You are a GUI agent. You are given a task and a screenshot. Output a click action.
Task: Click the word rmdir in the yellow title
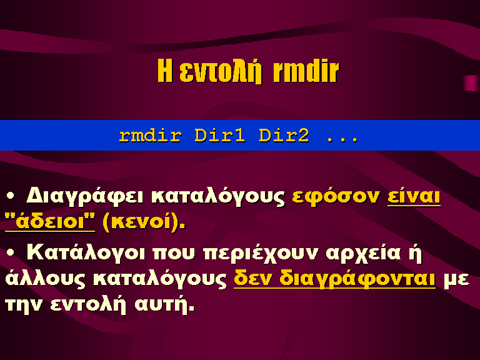click(x=306, y=71)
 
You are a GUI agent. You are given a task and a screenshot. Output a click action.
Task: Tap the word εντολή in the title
click(x=221, y=72)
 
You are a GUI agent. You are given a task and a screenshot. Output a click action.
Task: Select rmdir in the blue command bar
click(x=150, y=136)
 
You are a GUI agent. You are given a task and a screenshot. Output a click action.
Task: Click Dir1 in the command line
click(x=219, y=135)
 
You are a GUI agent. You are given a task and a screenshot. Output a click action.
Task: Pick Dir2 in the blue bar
click(x=284, y=135)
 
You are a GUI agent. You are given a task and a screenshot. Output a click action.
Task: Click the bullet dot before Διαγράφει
click(x=11, y=195)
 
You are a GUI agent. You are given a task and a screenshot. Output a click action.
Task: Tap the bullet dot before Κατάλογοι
click(x=11, y=252)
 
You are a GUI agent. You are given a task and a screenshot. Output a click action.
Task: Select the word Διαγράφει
click(x=84, y=196)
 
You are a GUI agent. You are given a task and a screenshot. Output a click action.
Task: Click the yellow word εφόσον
click(x=336, y=196)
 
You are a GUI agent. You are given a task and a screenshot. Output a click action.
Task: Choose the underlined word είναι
click(x=414, y=196)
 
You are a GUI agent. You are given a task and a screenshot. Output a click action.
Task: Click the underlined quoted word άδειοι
click(x=50, y=221)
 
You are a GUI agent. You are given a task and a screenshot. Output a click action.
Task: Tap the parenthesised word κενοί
click(x=144, y=222)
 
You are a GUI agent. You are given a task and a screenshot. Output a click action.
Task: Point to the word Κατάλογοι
click(x=86, y=253)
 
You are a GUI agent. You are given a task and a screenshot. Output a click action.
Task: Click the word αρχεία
click(x=363, y=254)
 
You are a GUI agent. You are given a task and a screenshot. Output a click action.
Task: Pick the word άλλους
click(x=45, y=279)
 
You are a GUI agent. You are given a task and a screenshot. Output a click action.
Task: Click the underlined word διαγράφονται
click(x=357, y=279)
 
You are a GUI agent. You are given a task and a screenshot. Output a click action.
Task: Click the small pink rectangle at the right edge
click(x=471, y=83)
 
